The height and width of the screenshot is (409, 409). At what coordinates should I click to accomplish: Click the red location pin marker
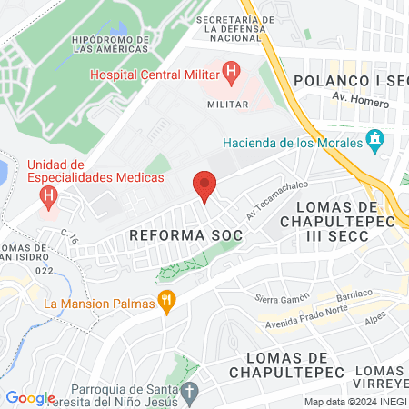pyautogui.click(x=205, y=185)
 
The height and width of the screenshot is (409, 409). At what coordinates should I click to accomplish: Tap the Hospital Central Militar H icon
pyautogui.click(x=231, y=70)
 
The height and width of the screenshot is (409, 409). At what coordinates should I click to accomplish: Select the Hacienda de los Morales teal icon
pyautogui.click(x=373, y=141)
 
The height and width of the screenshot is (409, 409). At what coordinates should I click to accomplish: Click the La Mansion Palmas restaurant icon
pyautogui.click(x=166, y=302)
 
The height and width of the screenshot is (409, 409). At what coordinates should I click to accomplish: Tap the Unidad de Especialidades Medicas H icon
pyautogui.click(x=50, y=195)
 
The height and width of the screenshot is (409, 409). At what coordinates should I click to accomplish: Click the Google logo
pyautogui.click(x=30, y=398)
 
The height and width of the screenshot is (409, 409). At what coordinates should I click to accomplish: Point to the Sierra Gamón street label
pyautogui.click(x=277, y=299)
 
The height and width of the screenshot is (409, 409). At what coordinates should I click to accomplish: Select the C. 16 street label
pyautogui.click(x=68, y=238)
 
